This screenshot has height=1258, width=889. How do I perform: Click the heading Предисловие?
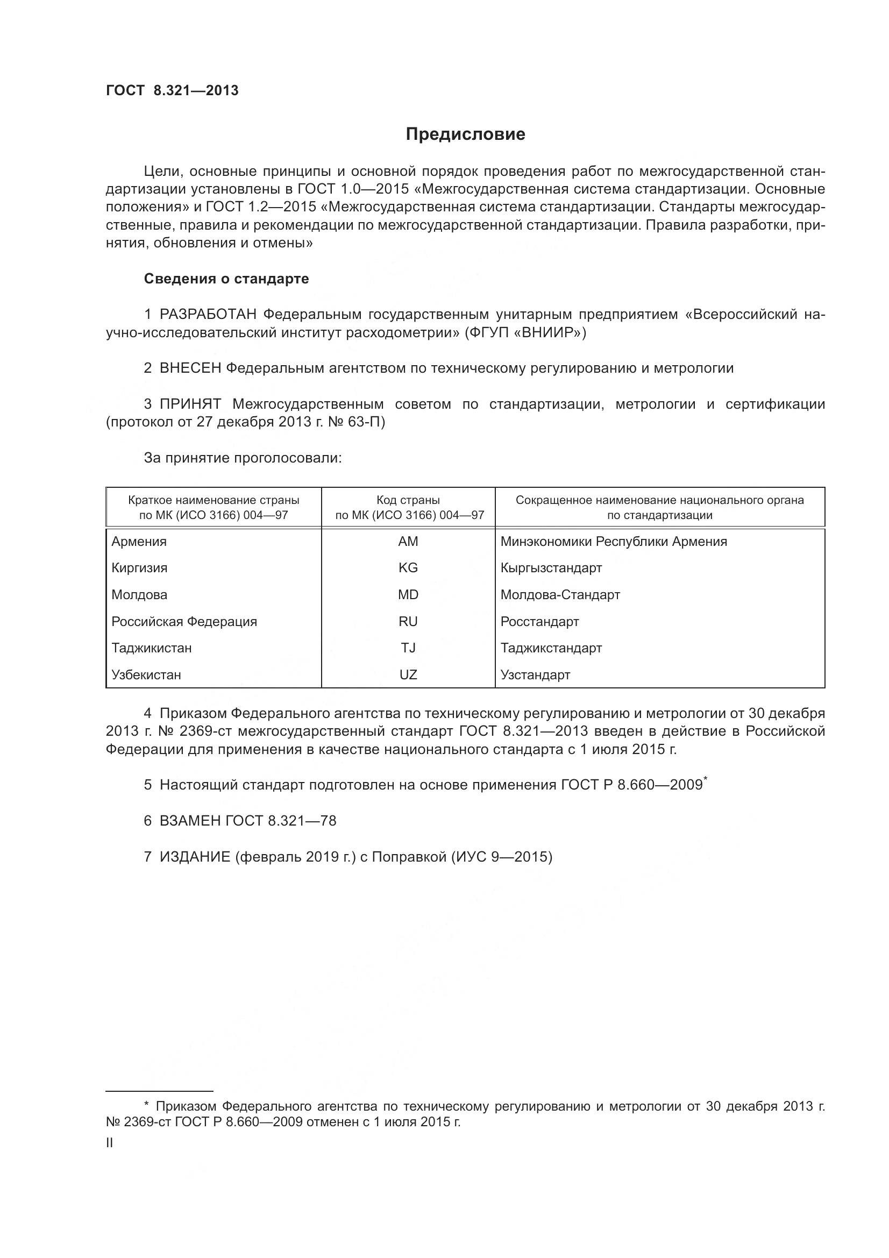click(465, 134)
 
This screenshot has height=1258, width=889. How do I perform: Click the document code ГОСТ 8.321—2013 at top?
click(172, 90)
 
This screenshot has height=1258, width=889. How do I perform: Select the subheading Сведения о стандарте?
click(226, 279)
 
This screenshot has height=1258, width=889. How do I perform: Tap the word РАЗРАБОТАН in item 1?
click(208, 315)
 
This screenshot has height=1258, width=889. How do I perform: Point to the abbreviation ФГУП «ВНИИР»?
click(525, 332)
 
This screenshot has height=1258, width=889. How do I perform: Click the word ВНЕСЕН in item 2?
click(190, 368)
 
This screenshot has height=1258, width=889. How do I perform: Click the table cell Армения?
click(139, 542)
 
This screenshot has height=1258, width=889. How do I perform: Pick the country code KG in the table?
click(408, 567)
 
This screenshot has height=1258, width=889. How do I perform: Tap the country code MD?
click(408, 594)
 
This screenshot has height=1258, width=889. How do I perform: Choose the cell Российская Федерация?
click(184, 621)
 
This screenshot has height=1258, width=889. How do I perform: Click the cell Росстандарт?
click(539, 621)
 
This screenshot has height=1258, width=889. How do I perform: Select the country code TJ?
click(408, 648)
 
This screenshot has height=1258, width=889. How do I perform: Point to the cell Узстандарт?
click(535, 674)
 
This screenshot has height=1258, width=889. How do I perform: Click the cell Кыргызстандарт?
click(551, 567)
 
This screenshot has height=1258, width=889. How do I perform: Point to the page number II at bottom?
click(110, 1143)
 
